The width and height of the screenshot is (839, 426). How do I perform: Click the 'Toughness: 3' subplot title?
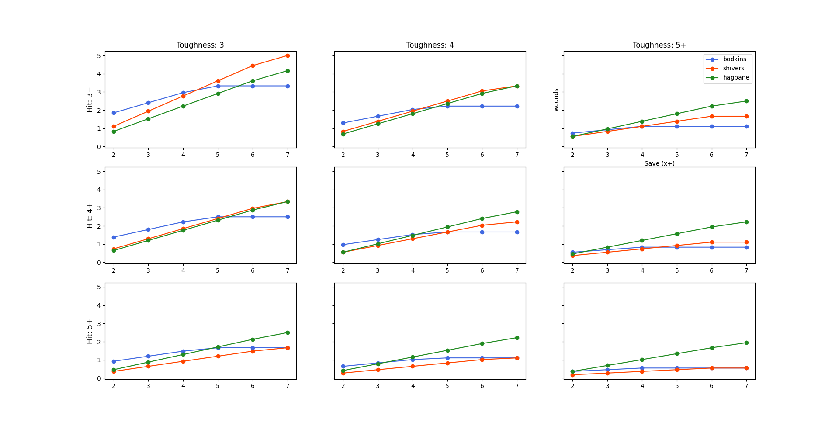point(200,45)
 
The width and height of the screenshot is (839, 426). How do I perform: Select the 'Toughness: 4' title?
point(430,45)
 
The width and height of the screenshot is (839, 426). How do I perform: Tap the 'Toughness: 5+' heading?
point(659,45)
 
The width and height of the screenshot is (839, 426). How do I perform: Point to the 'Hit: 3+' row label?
point(90,100)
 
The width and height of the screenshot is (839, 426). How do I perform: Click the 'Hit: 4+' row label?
point(90,215)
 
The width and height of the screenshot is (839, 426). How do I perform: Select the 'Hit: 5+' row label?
point(90,331)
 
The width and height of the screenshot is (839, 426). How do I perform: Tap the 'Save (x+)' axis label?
point(659,163)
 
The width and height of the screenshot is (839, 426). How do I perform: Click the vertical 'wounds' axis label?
point(556,100)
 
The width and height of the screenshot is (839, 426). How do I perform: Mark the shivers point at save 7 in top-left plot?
point(288,55)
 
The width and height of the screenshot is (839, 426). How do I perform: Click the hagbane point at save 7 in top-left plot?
point(288,71)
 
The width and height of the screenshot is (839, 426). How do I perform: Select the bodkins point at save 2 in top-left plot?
point(114,113)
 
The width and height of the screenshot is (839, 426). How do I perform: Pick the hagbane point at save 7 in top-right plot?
point(746,101)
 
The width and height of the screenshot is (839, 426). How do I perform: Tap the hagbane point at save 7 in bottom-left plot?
point(288,332)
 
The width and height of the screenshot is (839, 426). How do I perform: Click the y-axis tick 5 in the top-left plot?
point(99,55)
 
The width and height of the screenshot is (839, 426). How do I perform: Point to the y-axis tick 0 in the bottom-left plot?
point(99,378)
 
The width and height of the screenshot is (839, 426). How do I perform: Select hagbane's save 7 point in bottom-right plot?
point(746,343)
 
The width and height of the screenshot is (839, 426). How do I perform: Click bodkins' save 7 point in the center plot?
point(517,232)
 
